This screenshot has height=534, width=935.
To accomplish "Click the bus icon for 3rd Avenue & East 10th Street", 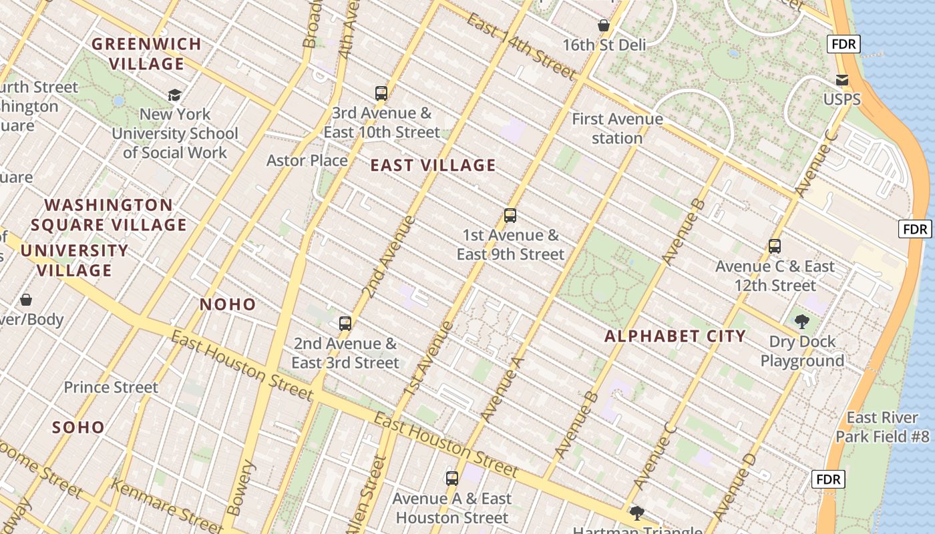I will pyautogui.click(x=381, y=93).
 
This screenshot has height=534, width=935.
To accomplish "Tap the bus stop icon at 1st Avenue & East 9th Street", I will pyautogui.click(x=510, y=216).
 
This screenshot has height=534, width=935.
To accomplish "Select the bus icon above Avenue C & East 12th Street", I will pyautogui.click(x=775, y=246).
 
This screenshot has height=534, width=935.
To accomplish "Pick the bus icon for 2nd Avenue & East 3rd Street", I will pyautogui.click(x=345, y=324).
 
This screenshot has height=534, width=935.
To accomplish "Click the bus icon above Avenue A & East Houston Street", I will pyautogui.click(x=452, y=479).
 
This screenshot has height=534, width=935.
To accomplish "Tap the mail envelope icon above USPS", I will pyautogui.click(x=842, y=80).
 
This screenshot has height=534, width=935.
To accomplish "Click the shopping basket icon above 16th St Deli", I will pyautogui.click(x=604, y=26).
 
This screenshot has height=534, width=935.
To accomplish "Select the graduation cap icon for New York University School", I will pyautogui.click(x=174, y=95).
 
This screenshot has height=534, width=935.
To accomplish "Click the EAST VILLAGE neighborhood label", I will pyautogui.click(x=433, y=166).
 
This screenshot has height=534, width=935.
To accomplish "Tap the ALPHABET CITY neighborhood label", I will pyautogui.click(x=675, y=336).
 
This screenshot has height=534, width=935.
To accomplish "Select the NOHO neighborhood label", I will pyautogui.click(x=228, y=304).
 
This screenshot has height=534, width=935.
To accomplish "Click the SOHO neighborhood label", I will pyautogui.click(x=79, y=427).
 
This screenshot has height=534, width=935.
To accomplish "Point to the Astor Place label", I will pyautogui.click(x=307, y=160).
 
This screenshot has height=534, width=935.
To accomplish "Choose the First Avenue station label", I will pyautogui.click(x=617, y=129).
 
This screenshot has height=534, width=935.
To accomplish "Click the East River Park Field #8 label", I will pyautogui.click(x=882, y=427).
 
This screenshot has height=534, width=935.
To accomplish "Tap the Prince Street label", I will pyautogui.click(x=111, y=387).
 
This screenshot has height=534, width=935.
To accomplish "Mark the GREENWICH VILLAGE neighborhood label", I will pyautogui.click(x=146, y=54).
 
